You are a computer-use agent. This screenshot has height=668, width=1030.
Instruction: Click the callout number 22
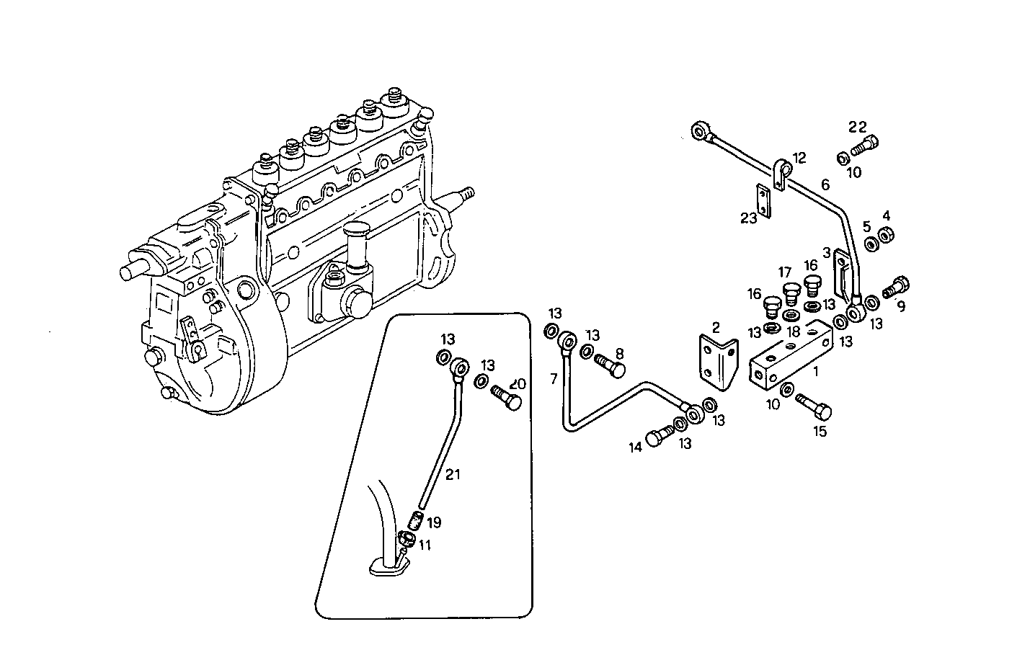click(857, 127)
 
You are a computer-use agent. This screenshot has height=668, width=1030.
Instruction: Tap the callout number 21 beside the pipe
click(452, 474)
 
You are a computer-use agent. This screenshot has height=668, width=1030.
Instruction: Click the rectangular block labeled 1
click(790, 358)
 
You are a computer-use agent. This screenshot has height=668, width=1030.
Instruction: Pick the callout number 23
click(750, 218)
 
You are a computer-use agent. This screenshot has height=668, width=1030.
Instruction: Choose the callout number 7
click(554, 379)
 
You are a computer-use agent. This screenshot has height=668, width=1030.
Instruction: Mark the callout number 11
click(425, 546)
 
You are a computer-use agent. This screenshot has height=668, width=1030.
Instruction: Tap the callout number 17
click(785, 272)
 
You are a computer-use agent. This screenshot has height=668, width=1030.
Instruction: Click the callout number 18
click(792, 331)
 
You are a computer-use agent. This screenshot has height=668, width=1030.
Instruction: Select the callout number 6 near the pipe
click(825, 185)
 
